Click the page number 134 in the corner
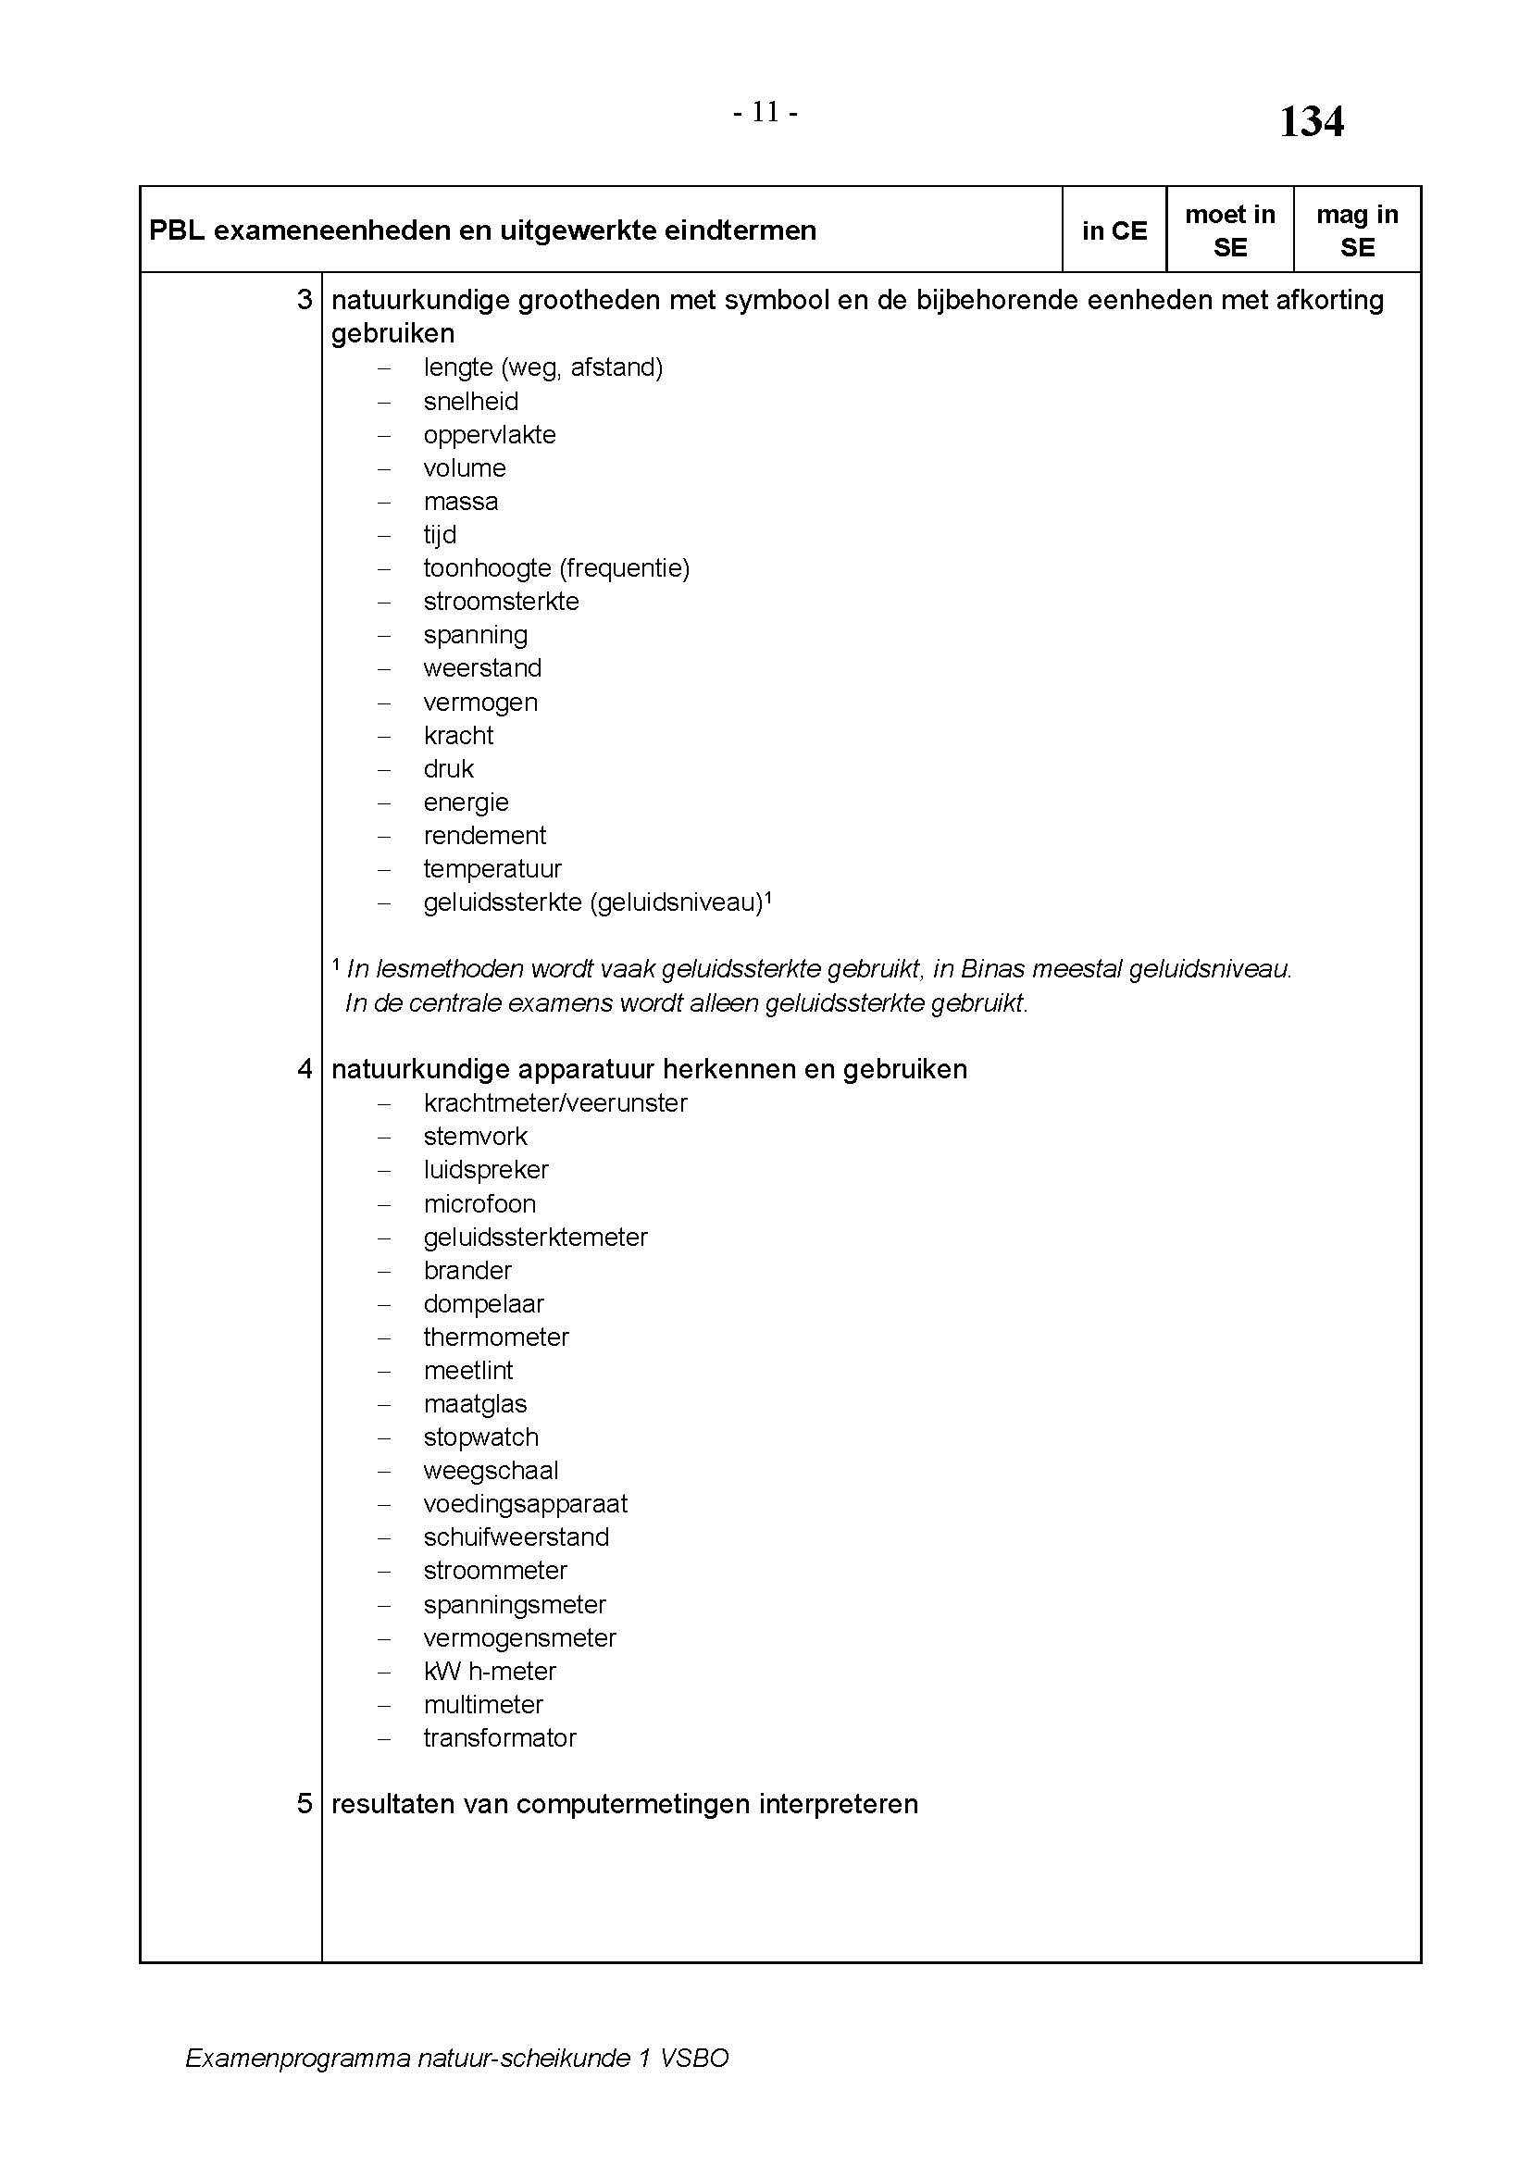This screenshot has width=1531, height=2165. click(1311, 122)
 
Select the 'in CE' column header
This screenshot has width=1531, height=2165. click(1114, 231)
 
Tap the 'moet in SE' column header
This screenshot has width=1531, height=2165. click(1229, 231)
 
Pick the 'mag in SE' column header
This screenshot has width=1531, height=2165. click(1357, 231)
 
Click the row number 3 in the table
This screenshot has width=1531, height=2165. click(305, 300)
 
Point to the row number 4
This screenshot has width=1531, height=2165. click(305, 1068)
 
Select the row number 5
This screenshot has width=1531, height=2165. click(305, 1804)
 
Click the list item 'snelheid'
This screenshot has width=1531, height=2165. click(470, 402)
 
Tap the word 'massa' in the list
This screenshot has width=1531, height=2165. click(460, 502)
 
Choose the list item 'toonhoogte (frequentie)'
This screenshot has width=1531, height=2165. click(556, 568)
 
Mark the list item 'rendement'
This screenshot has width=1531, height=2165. click(484, 836)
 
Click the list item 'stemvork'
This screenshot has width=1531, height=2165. click(475, 1137)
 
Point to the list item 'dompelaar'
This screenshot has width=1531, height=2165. click(483, 1303)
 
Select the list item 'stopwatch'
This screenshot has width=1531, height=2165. click(480, 1437)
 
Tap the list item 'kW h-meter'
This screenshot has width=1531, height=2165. click(490, 1671)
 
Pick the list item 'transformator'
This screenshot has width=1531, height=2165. click(500, 1738)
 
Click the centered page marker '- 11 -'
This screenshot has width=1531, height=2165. click(765, 113)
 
